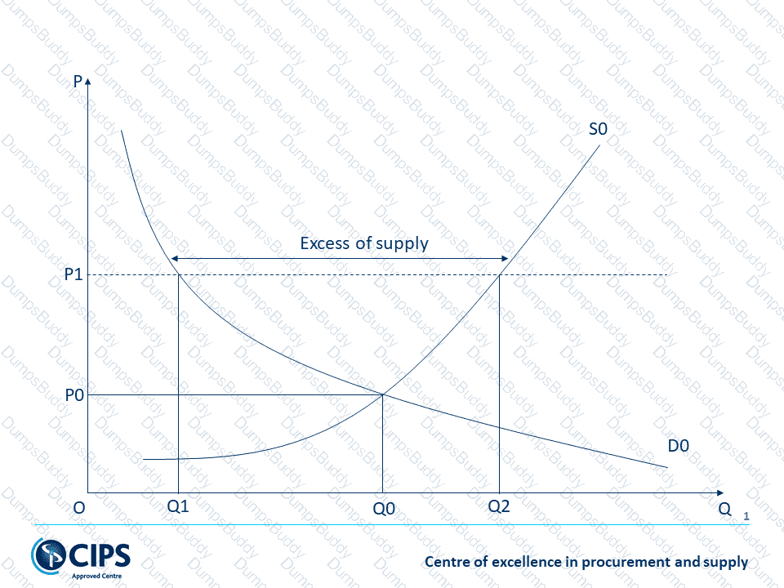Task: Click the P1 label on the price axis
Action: click(73, 275)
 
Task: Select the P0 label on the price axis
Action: click(73, 395)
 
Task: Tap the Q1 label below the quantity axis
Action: click(178, 506)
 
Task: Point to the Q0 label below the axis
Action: click(383, 508)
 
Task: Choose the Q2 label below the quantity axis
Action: click(498, 506)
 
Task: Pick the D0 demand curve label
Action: click(679, 446)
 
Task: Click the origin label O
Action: click(79, 508)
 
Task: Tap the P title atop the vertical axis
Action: click(77, 82)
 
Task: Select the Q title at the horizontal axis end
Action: click(724, 508)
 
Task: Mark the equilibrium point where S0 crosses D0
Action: click(383, 395)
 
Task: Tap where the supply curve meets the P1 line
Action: click(499, 275)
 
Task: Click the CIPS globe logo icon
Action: click(46, 555)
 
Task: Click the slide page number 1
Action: click(746, 516)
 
